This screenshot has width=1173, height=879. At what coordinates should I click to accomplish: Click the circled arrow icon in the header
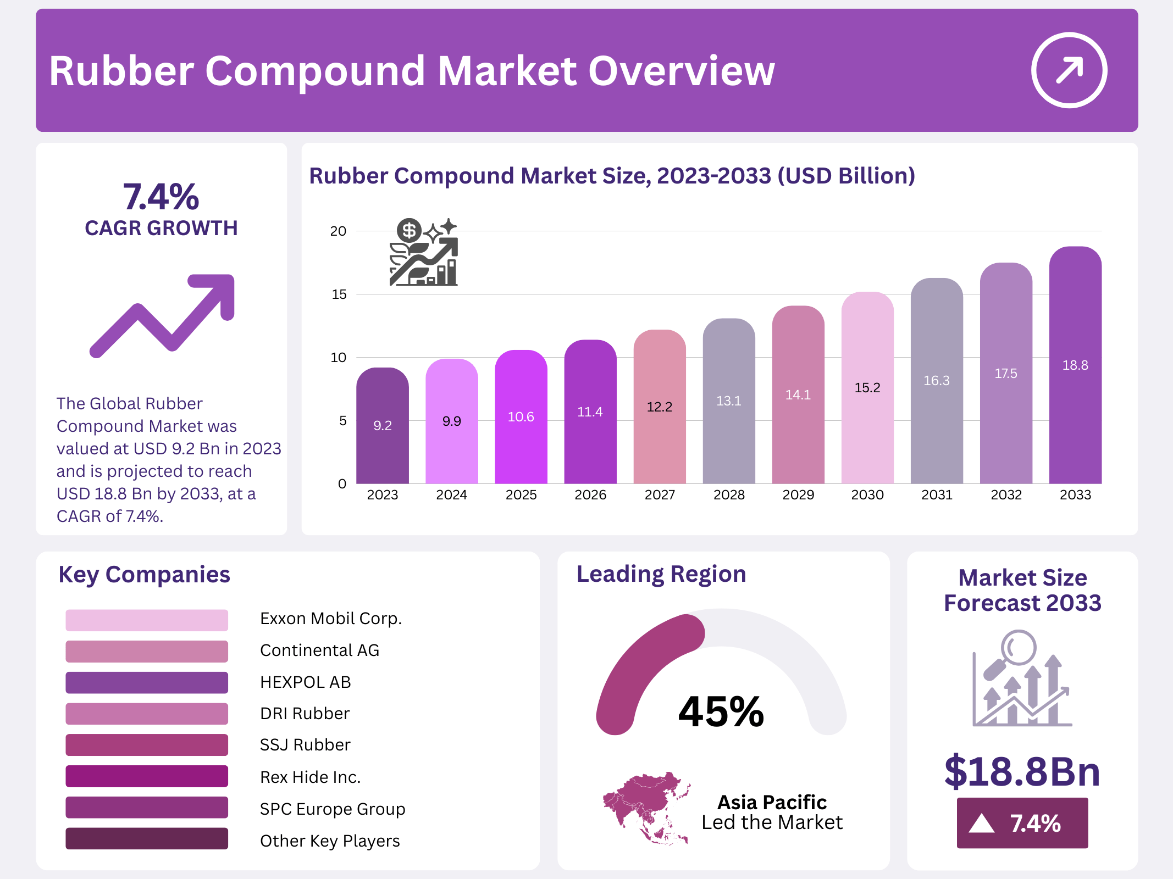coord(1069,70)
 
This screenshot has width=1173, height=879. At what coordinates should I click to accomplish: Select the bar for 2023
coord(382,426)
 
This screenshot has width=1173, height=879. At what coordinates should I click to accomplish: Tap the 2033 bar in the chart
coord(1075,365)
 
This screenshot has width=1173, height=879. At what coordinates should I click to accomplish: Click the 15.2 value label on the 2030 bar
coord(867,388)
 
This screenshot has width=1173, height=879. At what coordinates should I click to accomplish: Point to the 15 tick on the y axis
coord(339,294)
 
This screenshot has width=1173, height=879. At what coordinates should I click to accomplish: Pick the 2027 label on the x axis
coord(659,495)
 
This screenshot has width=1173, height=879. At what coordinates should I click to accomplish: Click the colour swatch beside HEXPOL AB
coord(147,682)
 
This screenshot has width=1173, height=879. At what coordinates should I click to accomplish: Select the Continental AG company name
coord(319,650)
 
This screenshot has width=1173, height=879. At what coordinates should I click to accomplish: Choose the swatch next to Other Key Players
coord(147,839)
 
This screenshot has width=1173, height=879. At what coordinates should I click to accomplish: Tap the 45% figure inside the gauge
coord(721,711)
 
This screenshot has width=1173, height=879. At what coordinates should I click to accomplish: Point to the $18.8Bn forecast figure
coord(1022,772)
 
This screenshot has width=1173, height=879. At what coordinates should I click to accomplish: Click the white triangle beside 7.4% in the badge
coord(982,824)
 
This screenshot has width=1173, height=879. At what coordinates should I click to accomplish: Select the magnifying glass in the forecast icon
coord(1017,649)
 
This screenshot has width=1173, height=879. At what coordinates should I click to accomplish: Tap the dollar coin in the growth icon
coord(409,231)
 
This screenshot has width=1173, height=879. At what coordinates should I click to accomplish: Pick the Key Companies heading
coord(144,575)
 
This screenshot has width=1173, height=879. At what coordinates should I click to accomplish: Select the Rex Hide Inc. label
coord(310,777)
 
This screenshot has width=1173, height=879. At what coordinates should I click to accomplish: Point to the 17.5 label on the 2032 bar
coord(1005,374)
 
